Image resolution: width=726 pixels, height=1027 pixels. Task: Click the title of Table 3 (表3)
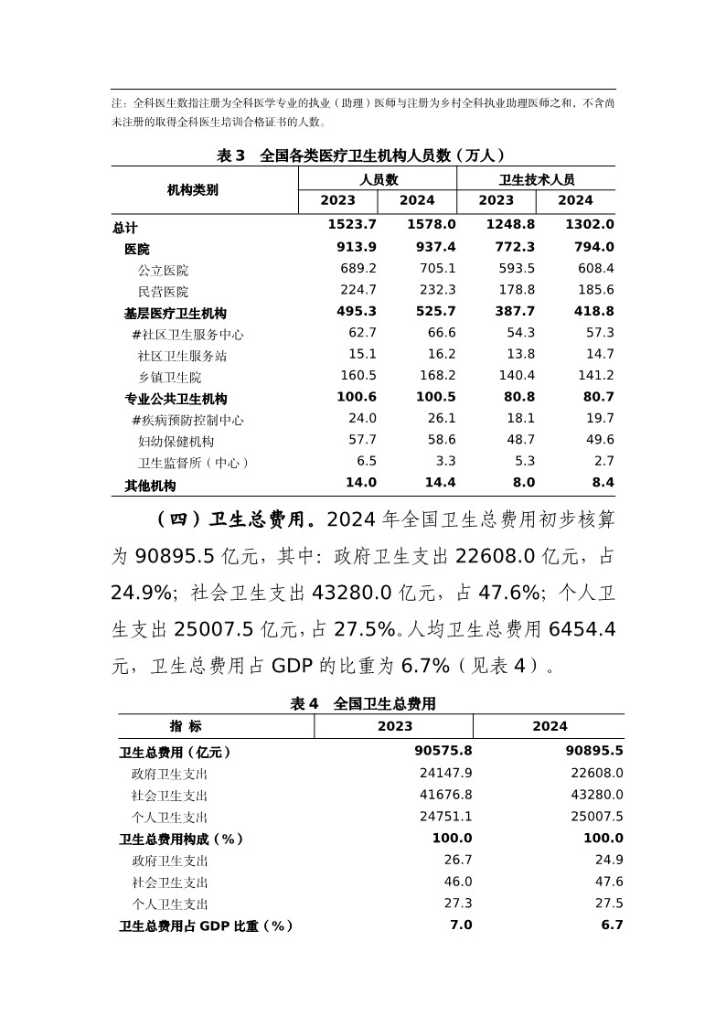[x=361, y=155]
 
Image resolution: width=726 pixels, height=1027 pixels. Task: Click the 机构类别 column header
[x=192, y=190]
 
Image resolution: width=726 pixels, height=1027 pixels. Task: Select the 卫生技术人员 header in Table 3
[x=537, y=180]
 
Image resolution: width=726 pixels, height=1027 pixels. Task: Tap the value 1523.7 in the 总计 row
[x=351, y=225]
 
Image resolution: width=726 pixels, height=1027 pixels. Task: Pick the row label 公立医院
[x=163, y=270]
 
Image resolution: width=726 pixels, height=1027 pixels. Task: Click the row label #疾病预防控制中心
[x=187, y=420]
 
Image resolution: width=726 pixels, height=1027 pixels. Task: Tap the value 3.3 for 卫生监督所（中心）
[x=445, y=462]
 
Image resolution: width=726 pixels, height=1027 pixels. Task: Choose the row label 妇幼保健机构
[x=176, y=441]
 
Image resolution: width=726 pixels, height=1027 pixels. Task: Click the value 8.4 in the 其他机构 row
[x=603, y=483]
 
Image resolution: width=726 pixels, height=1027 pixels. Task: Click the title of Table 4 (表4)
[x=363, y=703]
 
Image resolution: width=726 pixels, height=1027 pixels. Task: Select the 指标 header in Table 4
[x=186, y=726]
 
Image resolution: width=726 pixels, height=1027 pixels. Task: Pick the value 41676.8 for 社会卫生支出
[x=443, y=796]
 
